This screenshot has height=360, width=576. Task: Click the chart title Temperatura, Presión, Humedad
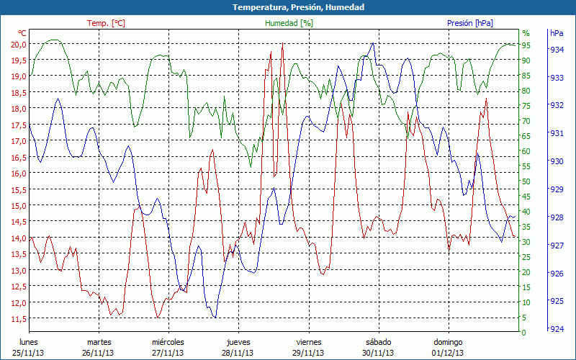tap(288, 7)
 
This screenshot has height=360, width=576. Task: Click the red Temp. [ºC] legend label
tap(106, 23)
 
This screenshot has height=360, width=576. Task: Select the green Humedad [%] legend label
tap(289, 23)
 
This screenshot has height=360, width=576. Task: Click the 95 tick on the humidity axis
tap(526, 45)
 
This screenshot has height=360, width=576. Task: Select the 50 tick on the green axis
tap(526, 181)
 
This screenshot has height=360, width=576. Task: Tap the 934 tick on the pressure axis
tap(556, 50)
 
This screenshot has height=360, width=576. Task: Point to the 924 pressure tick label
tap(556, 330)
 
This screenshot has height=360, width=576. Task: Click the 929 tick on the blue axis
tap(556, 189)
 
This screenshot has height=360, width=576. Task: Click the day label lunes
tap(28, 342)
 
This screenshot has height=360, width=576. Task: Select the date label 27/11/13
tap(168, 353)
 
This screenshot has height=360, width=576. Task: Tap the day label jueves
tap(238, 342)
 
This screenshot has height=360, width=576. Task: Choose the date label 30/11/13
tap(378, 353)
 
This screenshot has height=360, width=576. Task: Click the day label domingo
tap(447, 342)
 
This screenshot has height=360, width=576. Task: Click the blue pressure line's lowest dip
tap(214, 317)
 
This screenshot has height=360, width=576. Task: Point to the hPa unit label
tap(557, 33)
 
